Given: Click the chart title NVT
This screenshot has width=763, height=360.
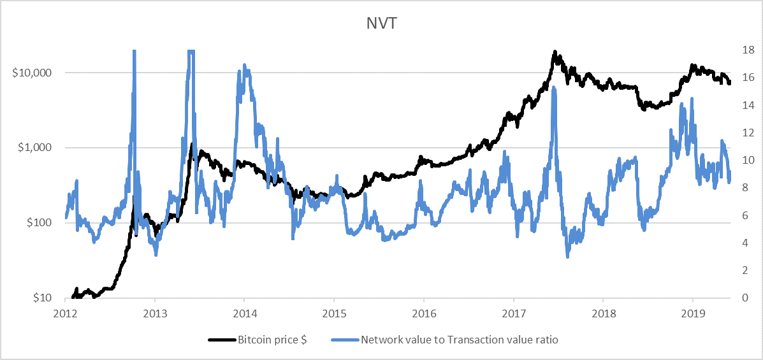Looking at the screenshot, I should click(x=381, y=23).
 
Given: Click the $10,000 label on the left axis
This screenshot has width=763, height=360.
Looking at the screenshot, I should click(x=33, y=73).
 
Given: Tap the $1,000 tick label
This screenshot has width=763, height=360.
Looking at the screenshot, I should click(x=35, y=147).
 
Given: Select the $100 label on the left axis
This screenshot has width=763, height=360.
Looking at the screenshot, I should click(x=39, y=222).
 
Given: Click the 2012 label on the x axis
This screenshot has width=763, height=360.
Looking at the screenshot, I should click(x=66, y=313).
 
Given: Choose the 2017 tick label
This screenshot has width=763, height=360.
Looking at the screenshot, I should click(x=514, y=313).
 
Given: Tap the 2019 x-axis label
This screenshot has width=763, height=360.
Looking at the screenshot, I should click(x=693, y=313).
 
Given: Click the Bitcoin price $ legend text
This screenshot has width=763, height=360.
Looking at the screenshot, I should click(x=272, y=340).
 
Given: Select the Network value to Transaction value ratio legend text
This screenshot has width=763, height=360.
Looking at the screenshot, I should click(x=460, y=340).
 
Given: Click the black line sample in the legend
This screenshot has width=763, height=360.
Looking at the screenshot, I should click(x=221, y=340).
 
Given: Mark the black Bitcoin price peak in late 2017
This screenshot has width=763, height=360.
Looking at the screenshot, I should click(x=555, y=52).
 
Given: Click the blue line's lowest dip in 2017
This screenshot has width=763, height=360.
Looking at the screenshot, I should click(x=567, y=256).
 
